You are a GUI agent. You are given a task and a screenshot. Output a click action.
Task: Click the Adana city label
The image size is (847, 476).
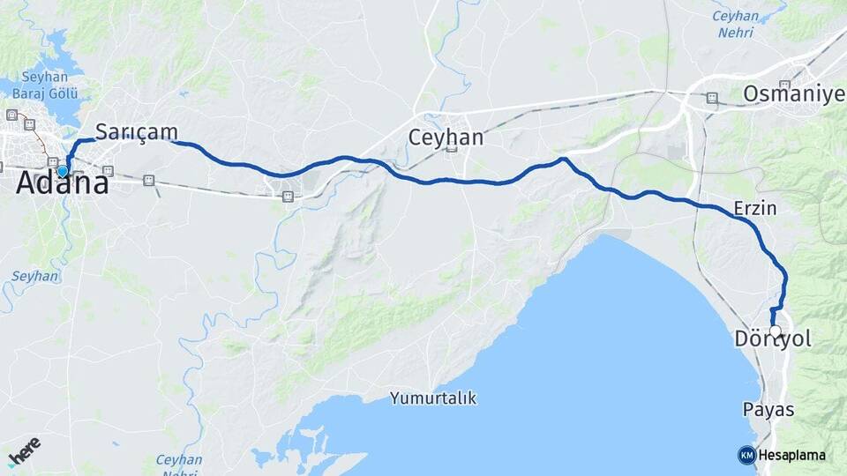[63, 184]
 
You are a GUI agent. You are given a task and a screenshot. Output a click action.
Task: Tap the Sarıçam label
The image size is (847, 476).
[136, 131]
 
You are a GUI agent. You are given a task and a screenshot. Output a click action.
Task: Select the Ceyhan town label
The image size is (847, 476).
[446, 137]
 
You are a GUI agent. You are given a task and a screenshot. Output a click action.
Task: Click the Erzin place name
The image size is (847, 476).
[754, 209]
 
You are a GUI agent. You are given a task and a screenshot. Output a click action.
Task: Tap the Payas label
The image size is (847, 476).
[768, 410]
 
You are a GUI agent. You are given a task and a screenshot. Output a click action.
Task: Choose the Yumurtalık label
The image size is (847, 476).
[433, 398]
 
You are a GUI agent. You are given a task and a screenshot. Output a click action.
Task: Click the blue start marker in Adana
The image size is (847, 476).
[63, 170]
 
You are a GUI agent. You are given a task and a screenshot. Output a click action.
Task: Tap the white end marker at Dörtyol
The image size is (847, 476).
[775, 331]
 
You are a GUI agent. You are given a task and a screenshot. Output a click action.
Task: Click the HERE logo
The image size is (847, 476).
[24, 450]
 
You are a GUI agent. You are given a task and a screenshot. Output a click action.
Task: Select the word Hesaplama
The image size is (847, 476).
[791, 456]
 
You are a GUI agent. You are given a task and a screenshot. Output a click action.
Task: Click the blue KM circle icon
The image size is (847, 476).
[746, 456]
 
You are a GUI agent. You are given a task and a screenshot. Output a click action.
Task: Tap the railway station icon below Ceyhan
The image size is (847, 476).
[451, 148]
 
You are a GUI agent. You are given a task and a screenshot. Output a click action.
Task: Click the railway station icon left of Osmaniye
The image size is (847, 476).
[711, 98]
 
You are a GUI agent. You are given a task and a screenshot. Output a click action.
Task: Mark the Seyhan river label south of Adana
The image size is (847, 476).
[35, 276]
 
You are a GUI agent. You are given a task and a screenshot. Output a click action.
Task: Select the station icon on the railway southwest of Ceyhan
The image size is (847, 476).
[288, 197]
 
